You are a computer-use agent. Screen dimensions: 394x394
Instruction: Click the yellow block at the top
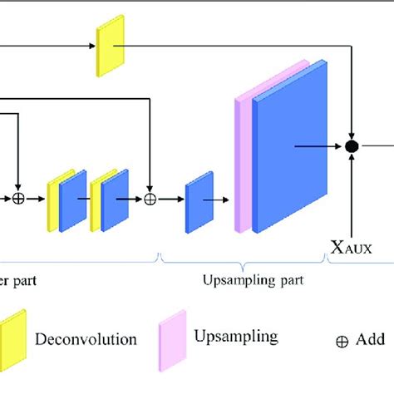[x=109, y=45]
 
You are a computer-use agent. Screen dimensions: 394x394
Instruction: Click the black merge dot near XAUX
[x=352, y=146]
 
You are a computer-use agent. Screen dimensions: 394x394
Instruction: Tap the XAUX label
[x=352, y=247]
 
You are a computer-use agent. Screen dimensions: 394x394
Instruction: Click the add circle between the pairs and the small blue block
[x=150, y=199]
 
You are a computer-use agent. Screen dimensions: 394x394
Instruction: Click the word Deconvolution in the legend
[x=86, y=338]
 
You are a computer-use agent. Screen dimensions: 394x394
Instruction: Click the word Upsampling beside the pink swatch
[x=236, y=337]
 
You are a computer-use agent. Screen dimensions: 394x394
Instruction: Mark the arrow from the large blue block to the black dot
[x=319, y=146]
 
